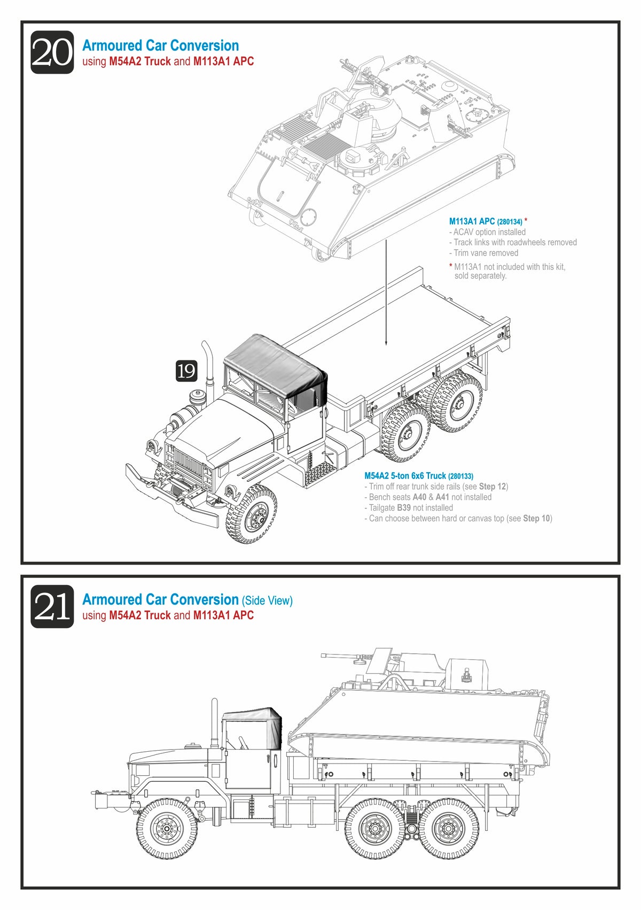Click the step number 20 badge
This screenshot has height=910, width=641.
click(x=52, y=52)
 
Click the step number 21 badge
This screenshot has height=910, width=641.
click(x=52, y=606)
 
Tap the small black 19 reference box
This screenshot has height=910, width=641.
click(x=186, y=371)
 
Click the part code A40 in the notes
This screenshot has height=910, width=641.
click(x=419, y=497)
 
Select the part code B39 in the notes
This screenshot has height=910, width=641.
click(x=403, y=508)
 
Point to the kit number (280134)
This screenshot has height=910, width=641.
click(x=509, y=221)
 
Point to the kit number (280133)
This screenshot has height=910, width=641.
click(x=460, y=476)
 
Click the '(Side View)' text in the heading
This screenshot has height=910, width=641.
click(x=267, y=600)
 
